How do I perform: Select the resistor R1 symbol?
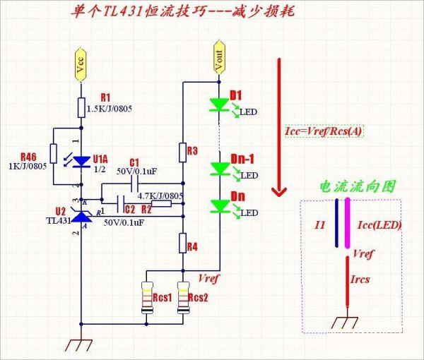pyautogui.click(x=82, y=108)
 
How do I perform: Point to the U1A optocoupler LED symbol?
pyautogui.click(x=81, y=160)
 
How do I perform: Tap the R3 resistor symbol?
pyautogui.click(x=183, y=151)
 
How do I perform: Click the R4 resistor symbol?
pyautogui.click(x=183, y=245)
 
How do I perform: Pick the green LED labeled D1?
pyautogui.click(x=219, y=105)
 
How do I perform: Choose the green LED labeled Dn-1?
pyautogui.click(x=219, y=169)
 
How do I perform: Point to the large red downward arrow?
pyautogui.click(x=280, y=127)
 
